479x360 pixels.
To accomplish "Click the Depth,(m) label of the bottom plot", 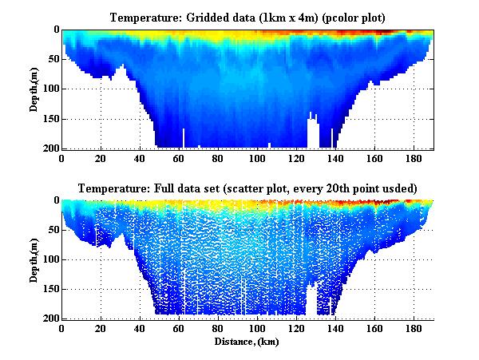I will tap(35, 260).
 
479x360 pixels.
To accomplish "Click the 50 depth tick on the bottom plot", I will tap(51, 230).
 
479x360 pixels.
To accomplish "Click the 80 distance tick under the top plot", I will tap(219, 158).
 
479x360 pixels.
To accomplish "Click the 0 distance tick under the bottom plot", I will tap(62, 329).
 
